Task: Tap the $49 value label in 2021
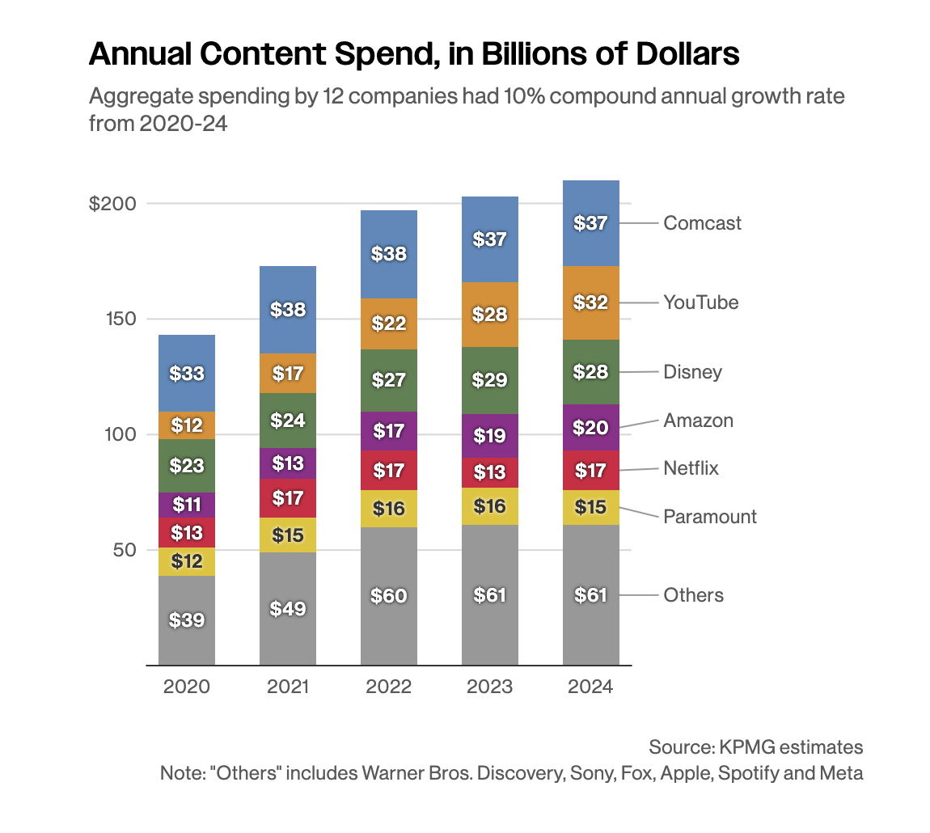(288, 608)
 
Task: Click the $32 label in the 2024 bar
(591, 302)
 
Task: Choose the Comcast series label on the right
(702, 223)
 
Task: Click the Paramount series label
(710, 517)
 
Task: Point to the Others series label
(693, 595)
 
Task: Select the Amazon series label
(698, 421)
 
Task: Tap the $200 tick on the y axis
(112, 204)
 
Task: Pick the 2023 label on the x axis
(490, 687)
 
